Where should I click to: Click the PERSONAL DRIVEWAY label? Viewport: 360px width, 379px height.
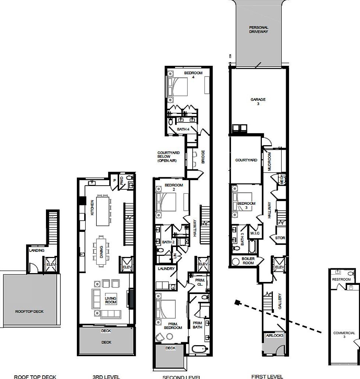tap(259, 29)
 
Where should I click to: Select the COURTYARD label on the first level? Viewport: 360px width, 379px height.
tap(246, 160)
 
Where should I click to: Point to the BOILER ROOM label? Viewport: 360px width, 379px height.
tap(249, 261)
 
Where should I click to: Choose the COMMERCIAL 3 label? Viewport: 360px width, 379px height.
tap(344, 335)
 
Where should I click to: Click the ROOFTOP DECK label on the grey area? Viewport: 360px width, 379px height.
tap(29, 311)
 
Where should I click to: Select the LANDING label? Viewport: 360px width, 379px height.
tap(37, 250)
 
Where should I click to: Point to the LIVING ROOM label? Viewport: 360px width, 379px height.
tap(110, 300)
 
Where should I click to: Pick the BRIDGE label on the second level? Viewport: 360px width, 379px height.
tap(203, 157)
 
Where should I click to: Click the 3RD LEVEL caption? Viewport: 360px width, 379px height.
tap(106, 376)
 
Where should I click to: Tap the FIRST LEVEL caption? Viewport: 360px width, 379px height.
tap(267, 376)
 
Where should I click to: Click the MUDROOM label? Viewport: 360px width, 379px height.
tap(269, 162)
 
